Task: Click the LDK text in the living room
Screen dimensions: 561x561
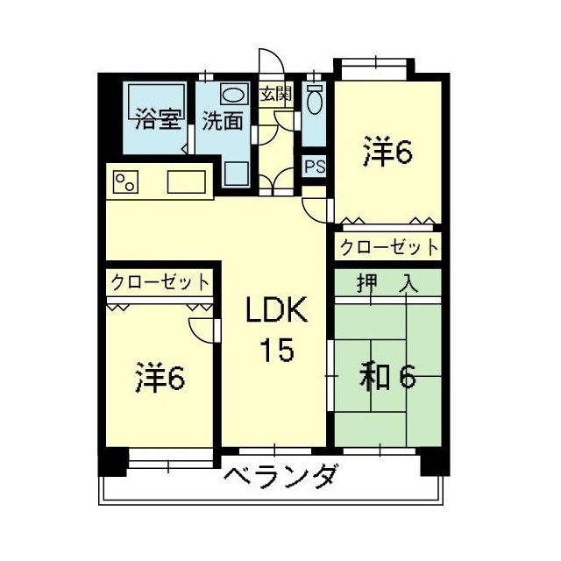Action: [x=274, y=311]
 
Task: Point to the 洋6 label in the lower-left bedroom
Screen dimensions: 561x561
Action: [x=160, y=379]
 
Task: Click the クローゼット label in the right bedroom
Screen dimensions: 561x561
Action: [x=388, y=247]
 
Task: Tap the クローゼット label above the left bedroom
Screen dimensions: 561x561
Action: [x=160, y=282]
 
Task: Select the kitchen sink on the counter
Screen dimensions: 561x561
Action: [x=187, y=182]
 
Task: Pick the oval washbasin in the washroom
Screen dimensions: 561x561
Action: [x=233, y=96]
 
